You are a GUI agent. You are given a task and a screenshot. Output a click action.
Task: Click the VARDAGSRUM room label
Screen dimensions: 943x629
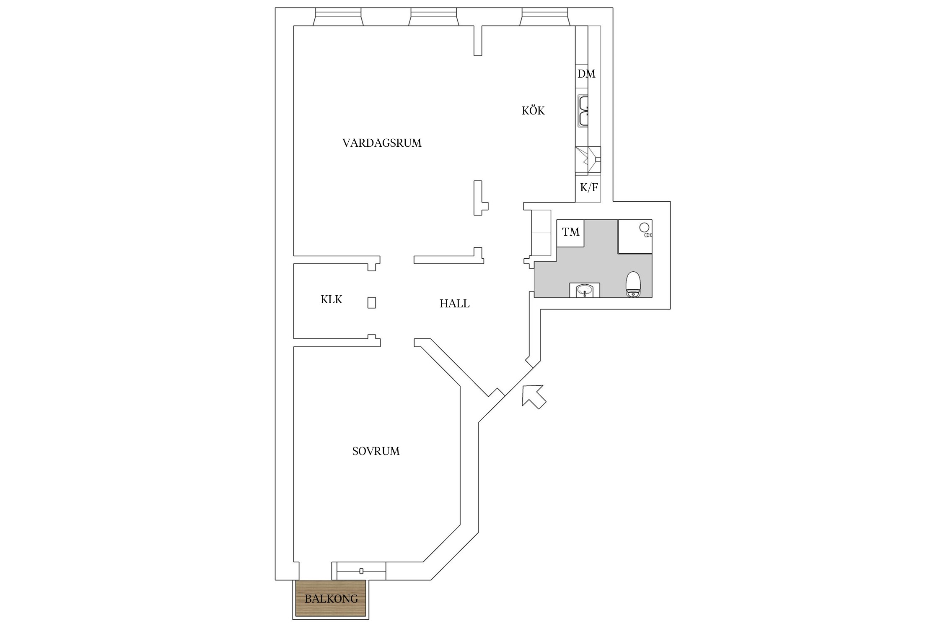point(382,143)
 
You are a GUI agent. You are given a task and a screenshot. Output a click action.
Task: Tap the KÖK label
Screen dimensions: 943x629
point(533,111)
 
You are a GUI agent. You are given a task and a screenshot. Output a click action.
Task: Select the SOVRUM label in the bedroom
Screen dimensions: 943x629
point(376,451)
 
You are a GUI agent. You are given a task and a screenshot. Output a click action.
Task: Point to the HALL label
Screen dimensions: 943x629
point(454,304)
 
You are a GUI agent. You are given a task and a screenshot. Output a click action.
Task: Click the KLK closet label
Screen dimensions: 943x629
point(332,299)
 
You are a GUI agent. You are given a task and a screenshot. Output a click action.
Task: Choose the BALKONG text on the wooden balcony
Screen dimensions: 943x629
point(331,599)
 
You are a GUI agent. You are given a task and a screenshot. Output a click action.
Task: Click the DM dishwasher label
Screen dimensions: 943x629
point(586,74)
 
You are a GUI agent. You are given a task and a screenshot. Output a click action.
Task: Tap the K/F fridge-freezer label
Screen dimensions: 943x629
point(589,187)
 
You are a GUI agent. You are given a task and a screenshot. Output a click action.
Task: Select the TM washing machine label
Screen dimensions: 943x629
point(571,232)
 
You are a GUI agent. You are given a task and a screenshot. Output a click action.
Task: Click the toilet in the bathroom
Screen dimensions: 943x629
point(633,284)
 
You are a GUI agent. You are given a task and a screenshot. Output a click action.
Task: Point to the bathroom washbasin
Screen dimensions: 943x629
point(584,290)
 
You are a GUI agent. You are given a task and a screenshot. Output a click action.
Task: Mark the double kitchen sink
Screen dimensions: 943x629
point(583,111)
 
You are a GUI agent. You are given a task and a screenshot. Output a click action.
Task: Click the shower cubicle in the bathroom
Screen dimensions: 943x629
point(635,237)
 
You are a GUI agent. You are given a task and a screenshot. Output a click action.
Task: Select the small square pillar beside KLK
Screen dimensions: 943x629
point(372,303)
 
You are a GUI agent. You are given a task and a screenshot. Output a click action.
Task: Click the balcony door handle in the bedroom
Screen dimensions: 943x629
point(361,571)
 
